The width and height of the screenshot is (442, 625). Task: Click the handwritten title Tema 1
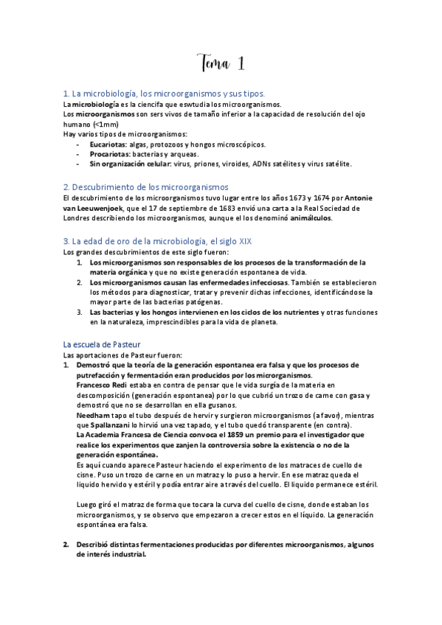pos(221,64)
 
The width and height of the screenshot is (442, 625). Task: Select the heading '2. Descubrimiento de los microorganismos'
pos(146,187)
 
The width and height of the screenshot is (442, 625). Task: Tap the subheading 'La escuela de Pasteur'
pos(102,344)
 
